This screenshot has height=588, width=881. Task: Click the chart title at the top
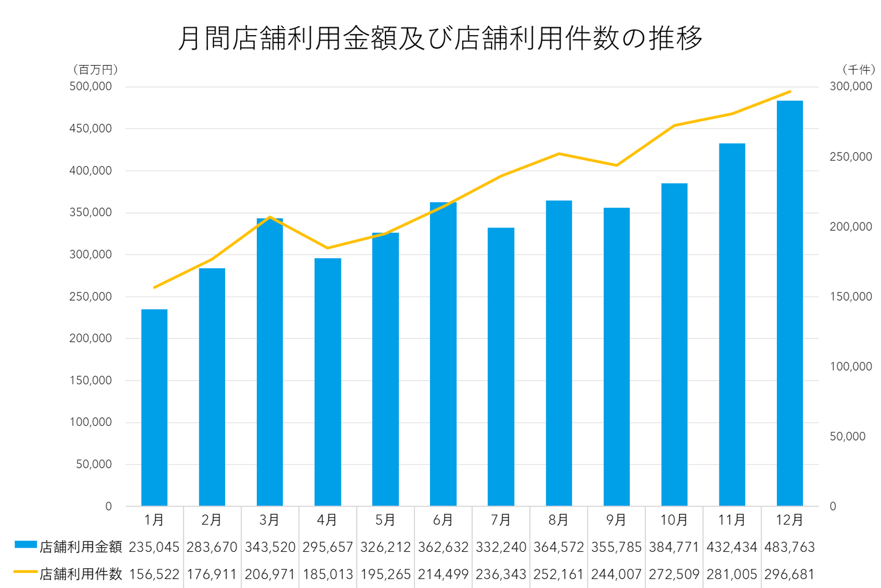pos(440,38)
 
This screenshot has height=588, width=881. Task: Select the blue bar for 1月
pos(154,408)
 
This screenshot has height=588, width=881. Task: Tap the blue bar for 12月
pos(789,302)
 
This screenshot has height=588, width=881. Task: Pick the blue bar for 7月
pos(501,367)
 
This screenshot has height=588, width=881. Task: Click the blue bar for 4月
pos(328,383)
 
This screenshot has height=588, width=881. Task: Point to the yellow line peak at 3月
pos(270,217)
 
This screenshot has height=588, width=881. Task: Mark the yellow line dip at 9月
pos(616,165)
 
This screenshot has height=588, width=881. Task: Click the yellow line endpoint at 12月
pos(790,92)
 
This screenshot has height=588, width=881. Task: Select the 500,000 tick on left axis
pos(91,87)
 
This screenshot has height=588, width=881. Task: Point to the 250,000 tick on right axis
pos(850,157)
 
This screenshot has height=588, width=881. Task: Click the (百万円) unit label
pos(95,69)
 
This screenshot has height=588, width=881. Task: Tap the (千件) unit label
pos(858,69)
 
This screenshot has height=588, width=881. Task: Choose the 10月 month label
pos(674,520)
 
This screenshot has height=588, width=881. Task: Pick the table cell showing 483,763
pos(789,547)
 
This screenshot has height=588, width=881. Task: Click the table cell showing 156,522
pos(154,574)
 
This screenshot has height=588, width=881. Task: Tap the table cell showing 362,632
pos(443,547)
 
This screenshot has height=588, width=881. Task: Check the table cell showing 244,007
pos(616,574)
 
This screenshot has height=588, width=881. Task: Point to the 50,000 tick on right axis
pos(847,436)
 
